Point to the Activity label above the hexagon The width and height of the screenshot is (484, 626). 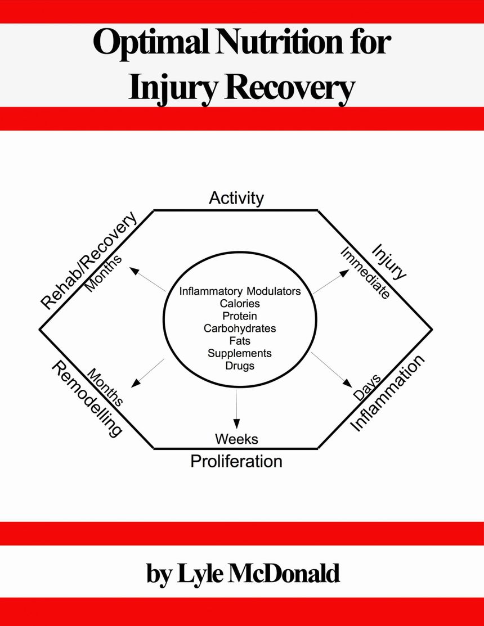236,198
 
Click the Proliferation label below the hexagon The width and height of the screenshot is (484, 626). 236,461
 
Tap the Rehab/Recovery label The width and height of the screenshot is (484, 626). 89,260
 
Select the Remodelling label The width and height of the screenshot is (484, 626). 87,398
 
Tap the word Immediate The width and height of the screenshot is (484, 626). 365,273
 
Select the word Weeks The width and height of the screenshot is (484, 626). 236,438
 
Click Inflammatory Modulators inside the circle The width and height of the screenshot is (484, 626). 240,291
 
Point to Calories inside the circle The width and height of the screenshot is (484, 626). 240,304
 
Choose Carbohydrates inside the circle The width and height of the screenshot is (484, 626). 240,328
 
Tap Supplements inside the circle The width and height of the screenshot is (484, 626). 240,353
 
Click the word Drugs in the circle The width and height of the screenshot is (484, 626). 240,366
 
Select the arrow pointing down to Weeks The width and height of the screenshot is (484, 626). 236,410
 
